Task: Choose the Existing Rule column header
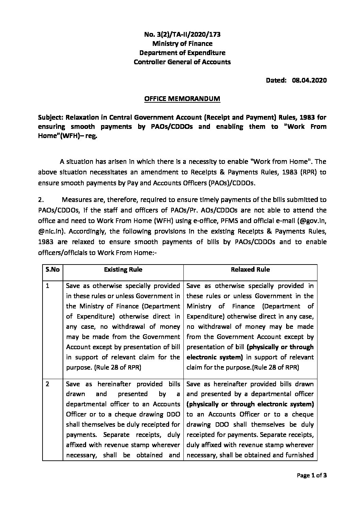click(123, 270)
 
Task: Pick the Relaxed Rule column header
click(250, 270)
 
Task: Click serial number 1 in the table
click(48, 286)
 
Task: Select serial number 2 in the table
click(48, 384)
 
